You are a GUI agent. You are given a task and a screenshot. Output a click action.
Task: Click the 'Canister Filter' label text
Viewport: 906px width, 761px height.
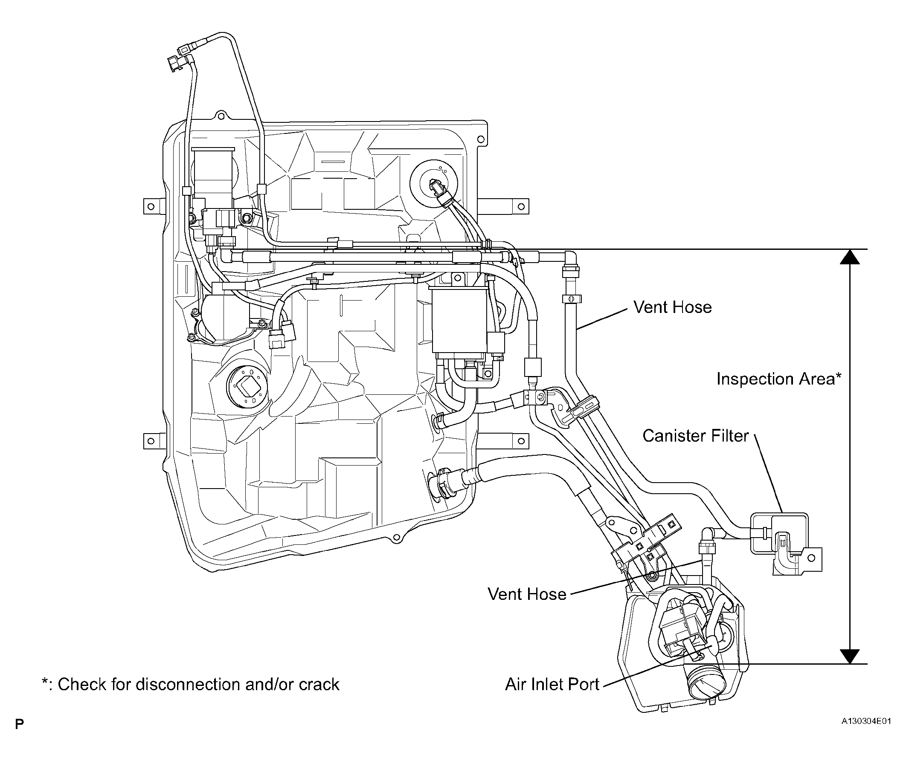click(x=695, y=436)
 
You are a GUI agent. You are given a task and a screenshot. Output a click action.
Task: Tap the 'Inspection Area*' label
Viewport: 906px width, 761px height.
click(x=779, y=379)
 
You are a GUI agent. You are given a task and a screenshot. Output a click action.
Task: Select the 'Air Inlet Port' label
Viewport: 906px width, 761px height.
click(x=552, y=685)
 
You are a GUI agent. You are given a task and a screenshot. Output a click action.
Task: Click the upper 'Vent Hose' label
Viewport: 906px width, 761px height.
click(x=673, y=307)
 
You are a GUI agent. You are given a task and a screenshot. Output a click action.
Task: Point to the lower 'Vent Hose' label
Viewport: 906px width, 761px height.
click(x=527, y=594)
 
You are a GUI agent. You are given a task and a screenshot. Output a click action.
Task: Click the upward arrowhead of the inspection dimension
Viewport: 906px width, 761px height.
click(x=850, y=257)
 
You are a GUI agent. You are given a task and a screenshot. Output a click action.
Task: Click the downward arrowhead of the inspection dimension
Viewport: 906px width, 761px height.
click(x=850, y=657)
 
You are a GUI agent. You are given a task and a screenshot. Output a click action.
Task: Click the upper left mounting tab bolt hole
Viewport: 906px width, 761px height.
click(x=151, y=206)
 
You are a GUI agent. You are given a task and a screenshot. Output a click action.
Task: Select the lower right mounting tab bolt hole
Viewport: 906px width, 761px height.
click(x=521, y=441)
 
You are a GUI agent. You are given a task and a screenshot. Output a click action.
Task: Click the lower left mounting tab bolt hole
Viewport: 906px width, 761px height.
click(x=151, y=441)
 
